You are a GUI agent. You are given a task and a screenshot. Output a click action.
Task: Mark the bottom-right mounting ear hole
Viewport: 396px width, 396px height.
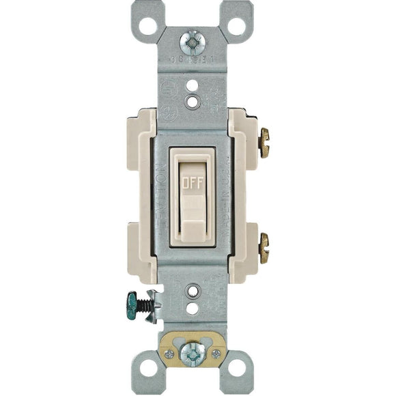(236, 369)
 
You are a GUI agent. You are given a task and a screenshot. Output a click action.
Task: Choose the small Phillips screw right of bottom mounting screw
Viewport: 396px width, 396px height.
(216, 354)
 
